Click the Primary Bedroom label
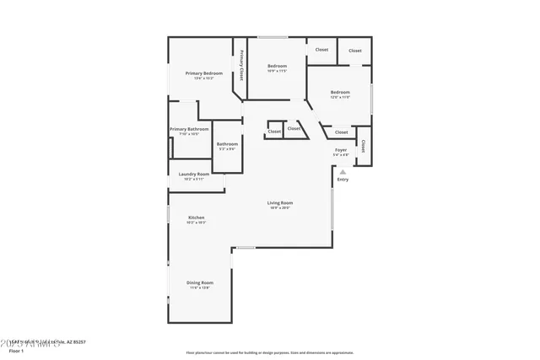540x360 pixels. pyautogui.click(x=204, y=73)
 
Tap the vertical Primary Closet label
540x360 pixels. pyautogui.click(x=241, y=65)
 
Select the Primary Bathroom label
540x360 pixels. pyautogui.click(x=189, y=129)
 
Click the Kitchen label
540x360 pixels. pyautogui.click(x=196, y=217)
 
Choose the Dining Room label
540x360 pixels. pyautogui.click(x=200, y=282)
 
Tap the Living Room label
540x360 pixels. pyautogui.click(x=280, y=202)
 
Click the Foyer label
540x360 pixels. pyautogui.click(x=341, y=150)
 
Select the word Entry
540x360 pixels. pyautogui.click(x=343, y=180)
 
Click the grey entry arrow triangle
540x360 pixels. pyautogui.click(x=343, y=171)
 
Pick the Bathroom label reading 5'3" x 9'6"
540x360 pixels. pyautogui.click(x=227, y=144)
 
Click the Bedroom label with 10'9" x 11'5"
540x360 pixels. pyautogui.click(x=278, y=66)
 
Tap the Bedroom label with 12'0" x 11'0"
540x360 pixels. pyautogui.click(x=340, y=92)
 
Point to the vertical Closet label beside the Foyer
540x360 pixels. pyautogui.click(x=363, y=145)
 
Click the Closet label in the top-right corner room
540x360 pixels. pyautogui.click(x=355, y=51)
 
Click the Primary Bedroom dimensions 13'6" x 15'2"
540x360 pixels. pyautogui.click(x=204, y=78)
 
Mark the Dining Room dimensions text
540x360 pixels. pyautogui.click(x=200, y=287)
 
